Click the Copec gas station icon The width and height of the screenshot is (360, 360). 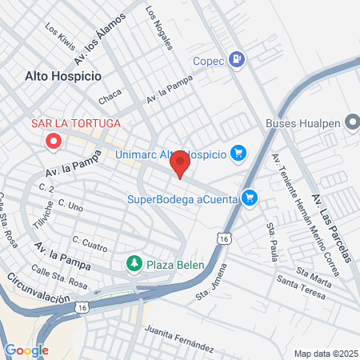pyautogui.click(x=238, y=59)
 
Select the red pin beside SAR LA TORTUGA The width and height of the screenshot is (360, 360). pyautogui.click(x=54, y=142)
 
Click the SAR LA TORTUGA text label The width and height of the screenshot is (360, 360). pyautogui.click(x=75, y=124)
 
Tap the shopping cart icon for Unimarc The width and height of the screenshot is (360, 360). pyautogui.click(x=238, y=152)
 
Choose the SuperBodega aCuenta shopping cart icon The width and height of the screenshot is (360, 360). pyautogui.click(x=250, y=196)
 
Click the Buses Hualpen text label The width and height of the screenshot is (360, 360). pyautogui.click(x=302, y=124)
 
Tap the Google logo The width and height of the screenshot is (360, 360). pyautogui.click(x=26, y=350)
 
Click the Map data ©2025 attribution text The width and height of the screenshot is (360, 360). pyautogui.click(x=326, y=353)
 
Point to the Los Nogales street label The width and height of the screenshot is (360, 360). pyautogui.click(x=159, y=29)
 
